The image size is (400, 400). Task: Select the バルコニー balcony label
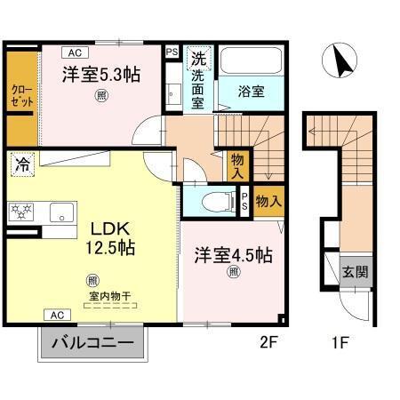coord(92,342)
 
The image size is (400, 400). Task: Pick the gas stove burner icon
coord(21,211)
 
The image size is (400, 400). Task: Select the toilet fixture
coord(212,201)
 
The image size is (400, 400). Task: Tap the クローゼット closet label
coord(21,96)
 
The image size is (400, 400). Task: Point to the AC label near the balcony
coord(56,316)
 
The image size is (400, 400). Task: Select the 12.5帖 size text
coord(109,248)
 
